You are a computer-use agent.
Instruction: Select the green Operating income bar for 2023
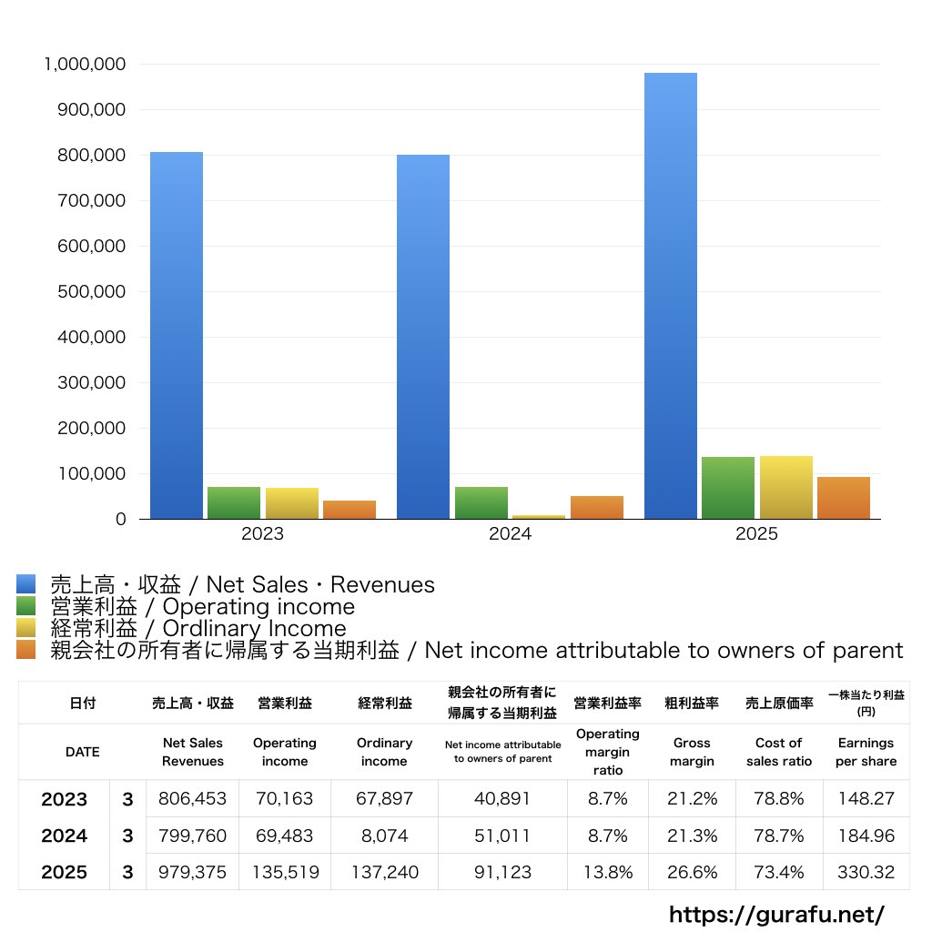click(x=234, y=502)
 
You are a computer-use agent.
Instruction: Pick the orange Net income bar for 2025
click(x=843, y=498)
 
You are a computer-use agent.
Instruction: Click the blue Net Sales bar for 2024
click(x=422, y=337)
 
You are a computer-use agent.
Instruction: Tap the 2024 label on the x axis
click(x=510, y=534)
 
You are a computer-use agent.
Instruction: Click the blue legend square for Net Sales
click(x=25, y=584)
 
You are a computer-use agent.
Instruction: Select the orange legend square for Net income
click(x=25, y=650)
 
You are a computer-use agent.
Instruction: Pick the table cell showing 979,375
click(x=192, y=872)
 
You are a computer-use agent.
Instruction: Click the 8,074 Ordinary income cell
click(x=384, y=836)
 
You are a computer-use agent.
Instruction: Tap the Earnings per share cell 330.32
click(x=866, y=872)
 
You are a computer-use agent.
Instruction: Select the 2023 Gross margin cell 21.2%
click(x=692, y=799)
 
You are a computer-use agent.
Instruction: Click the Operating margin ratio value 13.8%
click(x=607, y=872)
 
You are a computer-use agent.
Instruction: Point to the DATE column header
click(x=82, y=753)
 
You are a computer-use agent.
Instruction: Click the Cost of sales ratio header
click(x=778, y=753)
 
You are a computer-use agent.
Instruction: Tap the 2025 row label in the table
click(x=64, y=872)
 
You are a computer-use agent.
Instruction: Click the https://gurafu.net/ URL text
click(x=776, y=914)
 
